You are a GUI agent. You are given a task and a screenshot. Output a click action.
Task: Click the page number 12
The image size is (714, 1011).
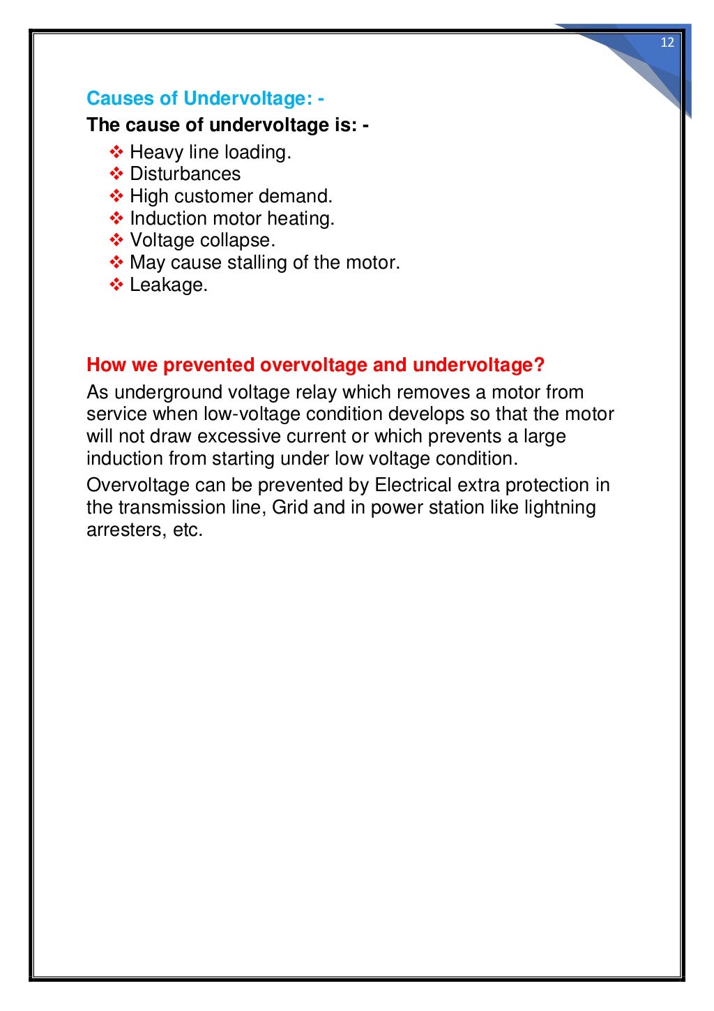coord(667,43)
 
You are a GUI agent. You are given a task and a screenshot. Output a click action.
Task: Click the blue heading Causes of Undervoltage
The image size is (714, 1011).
coord(205,98)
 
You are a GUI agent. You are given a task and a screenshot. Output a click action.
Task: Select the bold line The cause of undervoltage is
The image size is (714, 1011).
coord(227,126)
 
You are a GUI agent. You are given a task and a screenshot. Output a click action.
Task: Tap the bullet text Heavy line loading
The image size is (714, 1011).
coord(211,152)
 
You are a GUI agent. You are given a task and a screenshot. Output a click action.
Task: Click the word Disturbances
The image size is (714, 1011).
coord(185,174)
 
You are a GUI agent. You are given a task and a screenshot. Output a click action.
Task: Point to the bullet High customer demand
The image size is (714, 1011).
coord(231,196)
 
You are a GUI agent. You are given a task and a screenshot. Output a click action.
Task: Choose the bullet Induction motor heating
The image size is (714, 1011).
coord(232,218)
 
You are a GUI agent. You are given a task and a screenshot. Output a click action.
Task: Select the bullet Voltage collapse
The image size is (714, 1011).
coord(202,241)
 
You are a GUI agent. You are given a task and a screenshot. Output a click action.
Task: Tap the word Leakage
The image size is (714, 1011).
coord(169,285)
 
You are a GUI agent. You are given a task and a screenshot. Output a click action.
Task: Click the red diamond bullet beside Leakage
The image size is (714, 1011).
coord(116,285)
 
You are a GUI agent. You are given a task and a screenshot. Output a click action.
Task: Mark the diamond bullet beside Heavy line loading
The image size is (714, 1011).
coord(116,152)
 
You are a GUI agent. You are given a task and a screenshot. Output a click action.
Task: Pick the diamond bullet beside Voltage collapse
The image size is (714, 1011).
coord(116,241)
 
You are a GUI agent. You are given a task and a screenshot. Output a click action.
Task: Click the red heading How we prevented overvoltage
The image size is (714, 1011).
coord(315,365)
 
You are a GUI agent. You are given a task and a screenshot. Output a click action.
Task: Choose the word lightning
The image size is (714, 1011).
coord(557,507)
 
